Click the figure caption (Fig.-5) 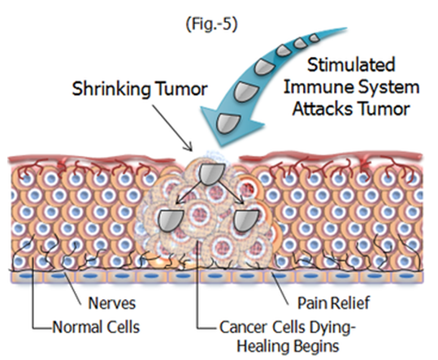click(x=212, y=24)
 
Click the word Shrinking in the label click(x=111, y=89)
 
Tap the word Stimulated click(x=351, y=65)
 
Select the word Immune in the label click(x=319, y=87)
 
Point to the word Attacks click(x=322, y=109)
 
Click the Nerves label click(x=112, y=303)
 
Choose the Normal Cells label click(x=96, y=327)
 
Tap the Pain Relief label click(x=333, y=303)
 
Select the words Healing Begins click(x=288, y=345)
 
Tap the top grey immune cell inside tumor click(x=212, y=174)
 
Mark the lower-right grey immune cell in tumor click(x=245, y=220)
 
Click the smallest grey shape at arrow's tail click(x=314, y=37)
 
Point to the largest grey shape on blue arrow click(x=228, y=123)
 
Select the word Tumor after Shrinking click(x=181, y=89)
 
